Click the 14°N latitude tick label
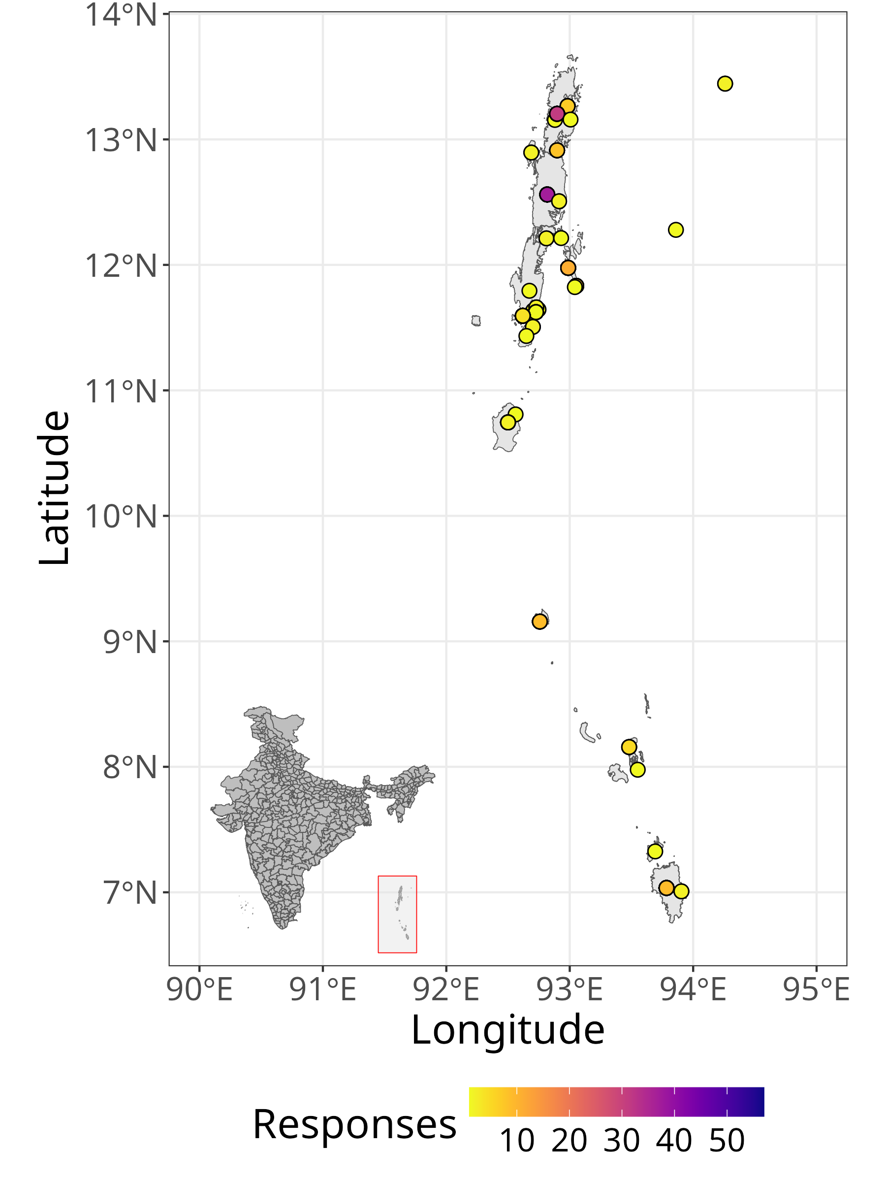point(121,14)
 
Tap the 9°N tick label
point(130,642)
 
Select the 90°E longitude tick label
point(200,989)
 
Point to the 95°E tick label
point(816,989)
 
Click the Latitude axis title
point(55,488)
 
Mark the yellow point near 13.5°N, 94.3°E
point(725,83)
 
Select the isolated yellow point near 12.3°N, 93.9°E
point(676,230)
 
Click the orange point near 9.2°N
point(539,622)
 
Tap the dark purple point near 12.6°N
point(546,194)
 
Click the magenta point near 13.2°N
point(557,113)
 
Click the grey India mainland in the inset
point(288,812)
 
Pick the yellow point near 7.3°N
point(655,851)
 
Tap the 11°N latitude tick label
point(121,391)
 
